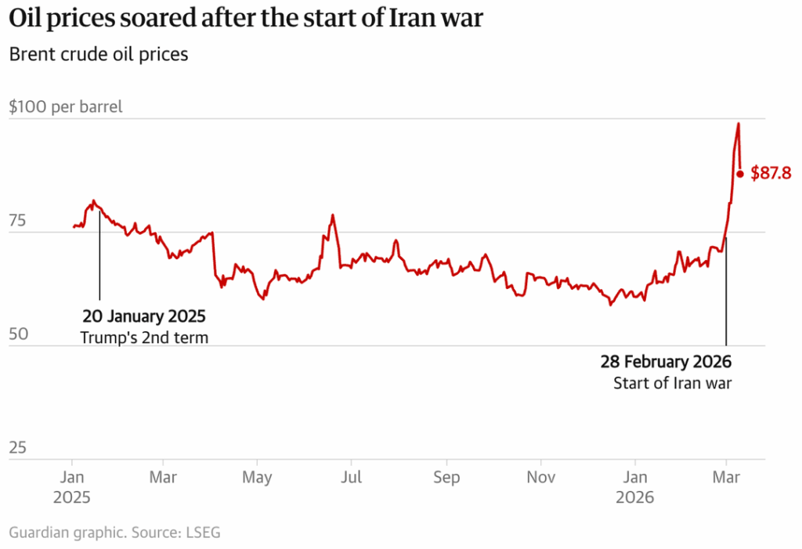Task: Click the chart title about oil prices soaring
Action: tap(246, 20)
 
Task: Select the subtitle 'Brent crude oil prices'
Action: tap(98, 56)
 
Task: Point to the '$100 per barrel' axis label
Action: tap(66, 107)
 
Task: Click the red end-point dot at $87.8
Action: tap(739, 173)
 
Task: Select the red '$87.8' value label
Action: tap(771, 174)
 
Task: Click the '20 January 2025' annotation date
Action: tap(144, 317)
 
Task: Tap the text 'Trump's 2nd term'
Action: tap(144, 338)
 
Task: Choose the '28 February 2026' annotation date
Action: tap(666, 363)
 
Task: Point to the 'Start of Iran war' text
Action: tap(672, 383)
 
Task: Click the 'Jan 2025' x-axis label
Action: tap(72, 486)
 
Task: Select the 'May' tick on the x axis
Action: tap(257, 477)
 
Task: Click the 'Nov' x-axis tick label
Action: tap(540, 477)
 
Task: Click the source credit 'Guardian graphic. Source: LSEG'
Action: tap(115, 533)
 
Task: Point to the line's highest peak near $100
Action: tap(738, 124)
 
